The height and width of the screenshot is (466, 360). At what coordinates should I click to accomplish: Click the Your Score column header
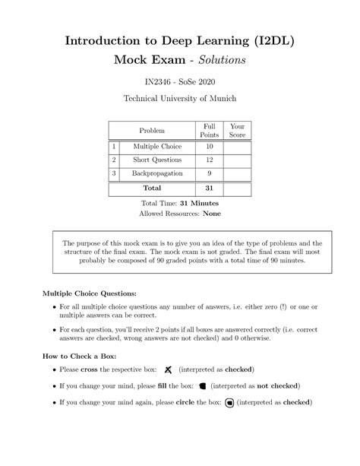click(x=237, y=130)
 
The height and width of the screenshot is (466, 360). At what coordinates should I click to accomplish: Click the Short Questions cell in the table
click(x=156, y=160)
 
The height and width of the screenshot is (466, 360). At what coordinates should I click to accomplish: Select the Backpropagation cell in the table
click(x=156, y=173)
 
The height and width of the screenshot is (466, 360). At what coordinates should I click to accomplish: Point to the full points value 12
click(x=209, y=160)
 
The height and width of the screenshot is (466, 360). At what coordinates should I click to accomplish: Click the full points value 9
click(x=209, y=173)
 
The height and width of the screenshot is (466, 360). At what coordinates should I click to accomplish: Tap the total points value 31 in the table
click(x=209, y=188)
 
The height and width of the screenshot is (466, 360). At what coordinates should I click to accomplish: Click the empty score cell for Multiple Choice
click(x=237, y=146)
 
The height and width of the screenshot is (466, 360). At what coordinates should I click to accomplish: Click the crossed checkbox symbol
click(x=168, y=369)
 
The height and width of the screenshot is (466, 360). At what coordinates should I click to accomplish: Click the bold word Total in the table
click(x=152, y=188)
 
